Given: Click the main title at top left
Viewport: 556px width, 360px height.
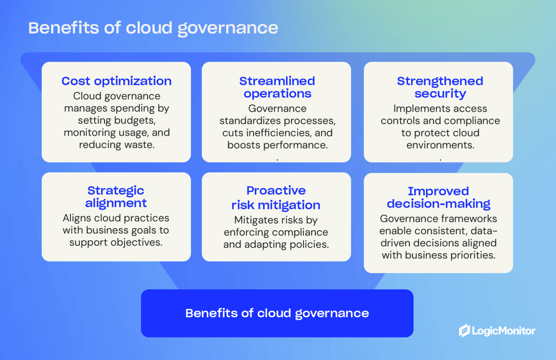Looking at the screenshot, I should (153, 28).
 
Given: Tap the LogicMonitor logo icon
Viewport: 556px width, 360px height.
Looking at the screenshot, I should (464, 330).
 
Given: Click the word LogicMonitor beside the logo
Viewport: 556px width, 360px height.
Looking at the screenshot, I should (504, 331).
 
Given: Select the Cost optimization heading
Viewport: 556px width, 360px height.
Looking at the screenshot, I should (116, 81).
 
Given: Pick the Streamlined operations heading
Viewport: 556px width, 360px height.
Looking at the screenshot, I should (277, 87).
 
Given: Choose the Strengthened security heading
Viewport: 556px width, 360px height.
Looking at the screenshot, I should (440, 87).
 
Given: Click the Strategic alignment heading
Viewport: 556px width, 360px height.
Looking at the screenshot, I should (116, 197).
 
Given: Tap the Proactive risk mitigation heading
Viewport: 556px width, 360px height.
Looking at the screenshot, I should (276, 198).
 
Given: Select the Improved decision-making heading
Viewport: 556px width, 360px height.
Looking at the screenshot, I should (438, 198).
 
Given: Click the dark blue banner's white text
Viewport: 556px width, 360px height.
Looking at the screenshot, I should (277, 313).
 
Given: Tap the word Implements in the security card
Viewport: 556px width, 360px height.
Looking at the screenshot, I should (415, 109).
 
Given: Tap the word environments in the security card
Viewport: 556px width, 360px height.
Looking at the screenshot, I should (440, 145).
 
